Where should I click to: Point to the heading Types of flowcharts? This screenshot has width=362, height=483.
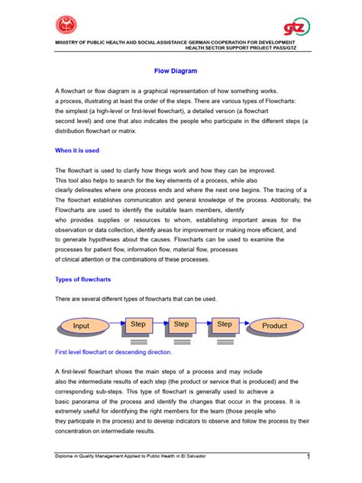83,279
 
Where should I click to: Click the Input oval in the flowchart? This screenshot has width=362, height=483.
81,326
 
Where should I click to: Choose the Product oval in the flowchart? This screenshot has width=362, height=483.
274,326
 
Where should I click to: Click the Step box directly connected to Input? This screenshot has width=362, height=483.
137,325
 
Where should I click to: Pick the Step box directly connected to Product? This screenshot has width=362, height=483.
225,325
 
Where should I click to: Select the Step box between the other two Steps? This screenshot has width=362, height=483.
181,325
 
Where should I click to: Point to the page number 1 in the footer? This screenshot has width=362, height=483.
307,457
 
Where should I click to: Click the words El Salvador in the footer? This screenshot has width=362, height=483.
192,455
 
